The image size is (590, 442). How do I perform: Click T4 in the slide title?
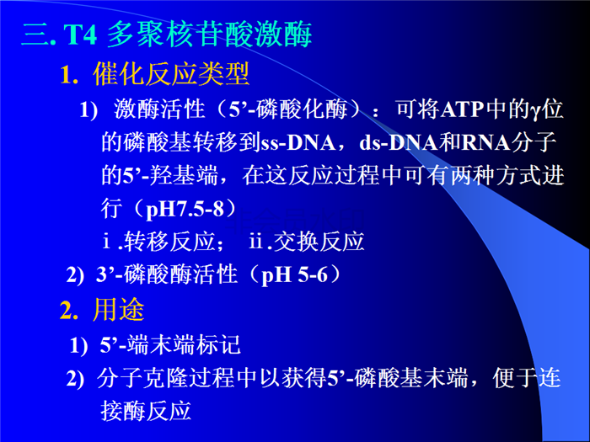point(80,35)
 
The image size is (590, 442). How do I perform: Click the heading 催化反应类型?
point(171,73)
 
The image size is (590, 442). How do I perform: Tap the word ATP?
point(462,109)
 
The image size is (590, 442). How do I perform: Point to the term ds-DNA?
point(399,143)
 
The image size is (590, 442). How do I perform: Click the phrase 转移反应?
point(169,242)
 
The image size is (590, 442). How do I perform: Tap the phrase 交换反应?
point(319,242)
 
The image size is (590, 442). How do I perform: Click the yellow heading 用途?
point(119,310)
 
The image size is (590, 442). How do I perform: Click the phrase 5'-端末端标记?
point(170,345)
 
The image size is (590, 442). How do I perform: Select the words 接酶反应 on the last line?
point(146,411)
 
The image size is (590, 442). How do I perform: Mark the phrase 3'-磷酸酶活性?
point(167,274)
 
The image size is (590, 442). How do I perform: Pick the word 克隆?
point(165,378)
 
